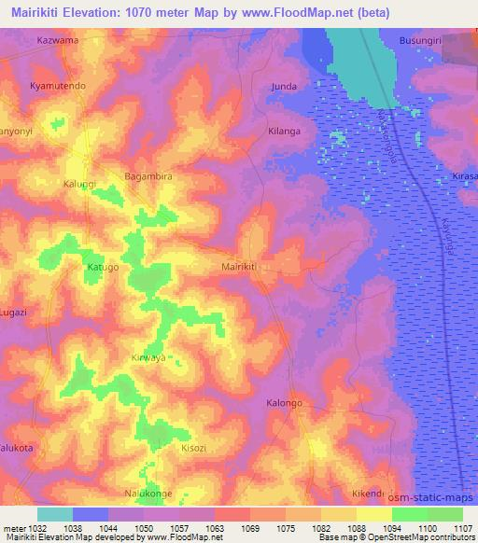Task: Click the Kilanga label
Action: point(284,132)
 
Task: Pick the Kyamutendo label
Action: point(58,86)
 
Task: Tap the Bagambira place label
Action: point(148,175)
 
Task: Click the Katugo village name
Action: point(103,267)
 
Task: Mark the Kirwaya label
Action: point(148,357)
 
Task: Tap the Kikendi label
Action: point(369,493)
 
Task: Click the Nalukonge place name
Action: point(149,493)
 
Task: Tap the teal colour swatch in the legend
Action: point(55,514)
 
